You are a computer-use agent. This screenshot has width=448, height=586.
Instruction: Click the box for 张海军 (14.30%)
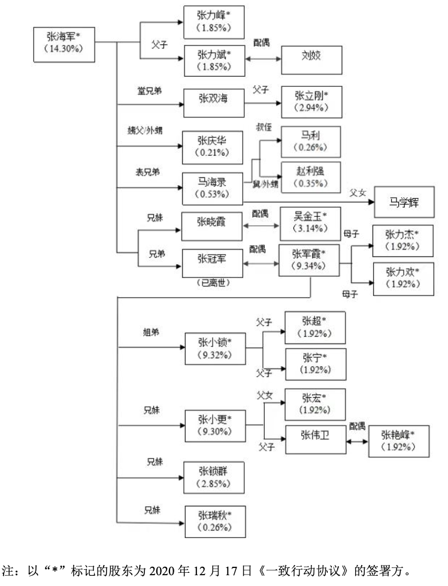click(64, 42)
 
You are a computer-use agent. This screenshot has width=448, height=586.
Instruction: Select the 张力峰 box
click(214, 22)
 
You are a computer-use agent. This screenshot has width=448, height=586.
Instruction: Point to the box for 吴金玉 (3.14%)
click(309, 221)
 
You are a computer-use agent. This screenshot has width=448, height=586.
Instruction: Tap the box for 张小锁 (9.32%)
click(214, 349)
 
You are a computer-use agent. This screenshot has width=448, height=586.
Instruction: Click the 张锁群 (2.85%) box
click(214, 477)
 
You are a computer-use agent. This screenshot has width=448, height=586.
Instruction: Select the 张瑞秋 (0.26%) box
click(214, 521)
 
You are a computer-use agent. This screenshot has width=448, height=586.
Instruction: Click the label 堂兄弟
click(149, 90)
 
